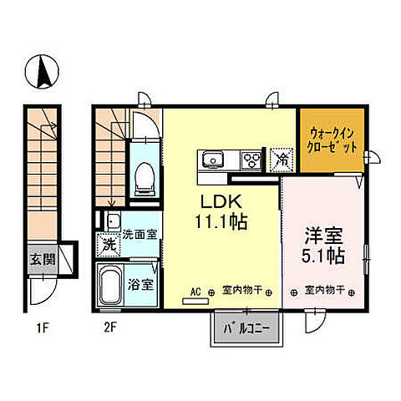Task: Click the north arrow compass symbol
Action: [x=39, y=74]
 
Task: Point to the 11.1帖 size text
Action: [x=221, y=222]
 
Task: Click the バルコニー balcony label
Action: [x=245, y=328]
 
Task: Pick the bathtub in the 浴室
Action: [x=109, y=287]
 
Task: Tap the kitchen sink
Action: [x=211, y=159]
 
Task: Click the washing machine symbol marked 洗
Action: [x=109, y=246]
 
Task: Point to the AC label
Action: [x=196, y=292]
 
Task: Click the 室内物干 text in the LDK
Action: [x=242, y=292]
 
